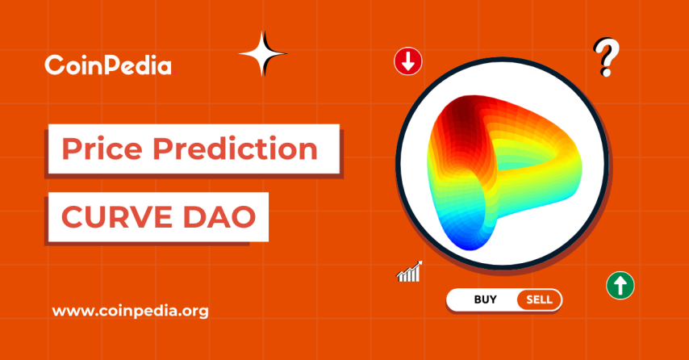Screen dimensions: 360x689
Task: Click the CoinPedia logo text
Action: (108, 65)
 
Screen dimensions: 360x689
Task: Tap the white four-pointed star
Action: (263, 53)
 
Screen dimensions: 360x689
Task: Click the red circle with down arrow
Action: (407, 61)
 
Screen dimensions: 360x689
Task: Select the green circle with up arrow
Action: (620, 285)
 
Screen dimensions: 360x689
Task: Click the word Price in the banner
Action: (102, 149)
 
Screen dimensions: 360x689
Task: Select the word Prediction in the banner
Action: (234, 149)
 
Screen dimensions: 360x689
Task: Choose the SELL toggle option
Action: (539, 299)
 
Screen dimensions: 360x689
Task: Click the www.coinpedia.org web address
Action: (130, 311)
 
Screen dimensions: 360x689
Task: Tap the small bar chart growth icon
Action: (410, 271)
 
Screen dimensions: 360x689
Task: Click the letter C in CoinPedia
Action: (53, 65)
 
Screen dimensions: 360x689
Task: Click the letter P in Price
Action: (72, 149)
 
